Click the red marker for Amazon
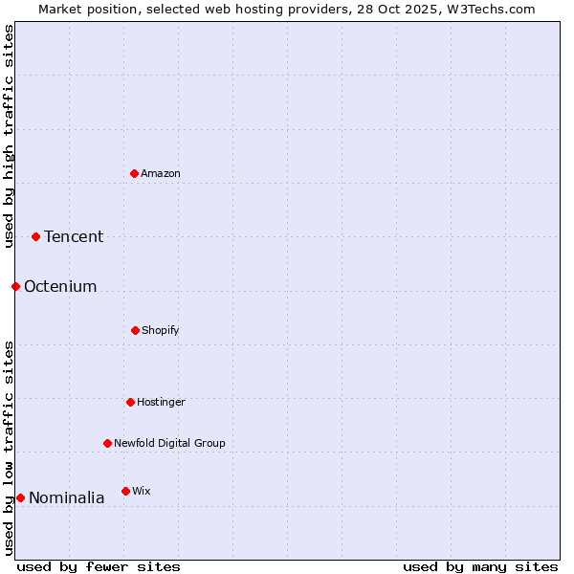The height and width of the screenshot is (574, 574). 135,173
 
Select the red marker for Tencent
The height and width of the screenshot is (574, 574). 36,236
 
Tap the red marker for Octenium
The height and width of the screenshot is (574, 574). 15,286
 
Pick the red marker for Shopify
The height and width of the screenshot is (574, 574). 135,330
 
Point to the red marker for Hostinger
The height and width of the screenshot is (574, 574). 130,402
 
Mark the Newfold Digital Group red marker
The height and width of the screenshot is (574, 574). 107,443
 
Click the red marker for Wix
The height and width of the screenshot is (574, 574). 125,491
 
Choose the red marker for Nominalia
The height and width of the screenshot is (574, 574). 20,497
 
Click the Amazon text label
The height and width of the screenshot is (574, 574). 161,173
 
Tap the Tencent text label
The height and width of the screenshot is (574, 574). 74,236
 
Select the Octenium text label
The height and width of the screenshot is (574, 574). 60,286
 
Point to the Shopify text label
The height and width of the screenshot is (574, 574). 161,330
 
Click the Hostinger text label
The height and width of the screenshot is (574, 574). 161,402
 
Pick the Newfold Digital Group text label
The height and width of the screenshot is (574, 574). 169,443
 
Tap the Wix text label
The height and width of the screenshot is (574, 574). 142,491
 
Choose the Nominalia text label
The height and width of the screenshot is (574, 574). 67,497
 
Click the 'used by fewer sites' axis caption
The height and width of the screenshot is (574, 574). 99,566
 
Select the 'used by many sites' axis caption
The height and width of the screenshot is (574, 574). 480,566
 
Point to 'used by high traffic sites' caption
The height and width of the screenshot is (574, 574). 9,136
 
